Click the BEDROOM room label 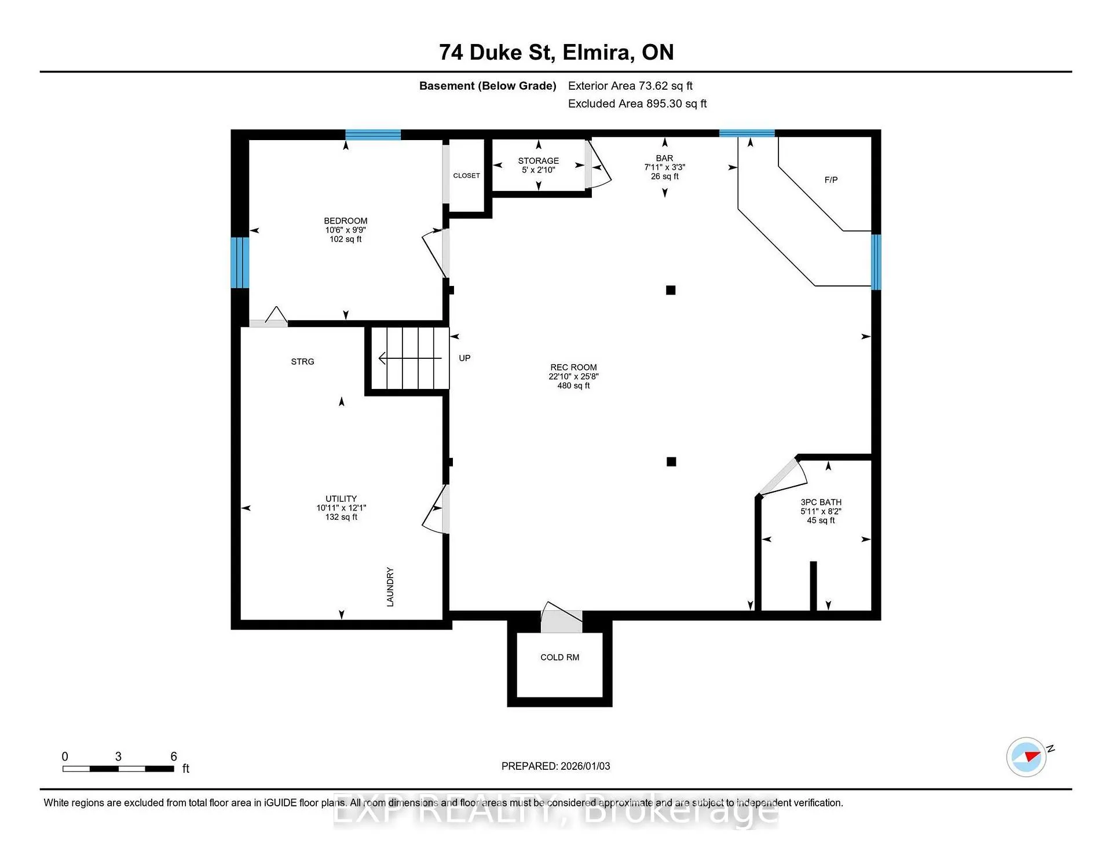346,221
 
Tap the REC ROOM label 573,368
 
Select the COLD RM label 559,658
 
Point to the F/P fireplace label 831,180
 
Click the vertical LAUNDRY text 390,587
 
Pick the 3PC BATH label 821,502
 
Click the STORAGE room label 539,161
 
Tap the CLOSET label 466,175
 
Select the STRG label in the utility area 302,362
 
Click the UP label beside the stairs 464,358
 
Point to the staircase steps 410,358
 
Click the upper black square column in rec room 671,290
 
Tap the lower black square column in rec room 671,461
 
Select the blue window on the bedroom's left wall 240,262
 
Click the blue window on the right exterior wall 876,262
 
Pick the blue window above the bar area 747,133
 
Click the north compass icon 1026,757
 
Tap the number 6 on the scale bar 174,757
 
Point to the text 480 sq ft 573,386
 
